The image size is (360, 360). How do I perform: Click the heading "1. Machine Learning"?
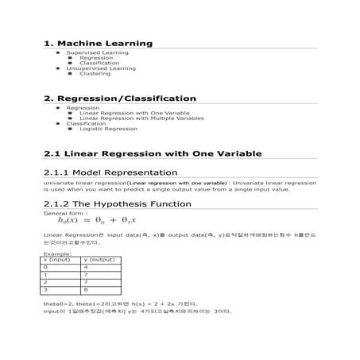99,43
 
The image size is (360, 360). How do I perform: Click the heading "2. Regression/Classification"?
120,99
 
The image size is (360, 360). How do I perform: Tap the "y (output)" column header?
100,260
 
